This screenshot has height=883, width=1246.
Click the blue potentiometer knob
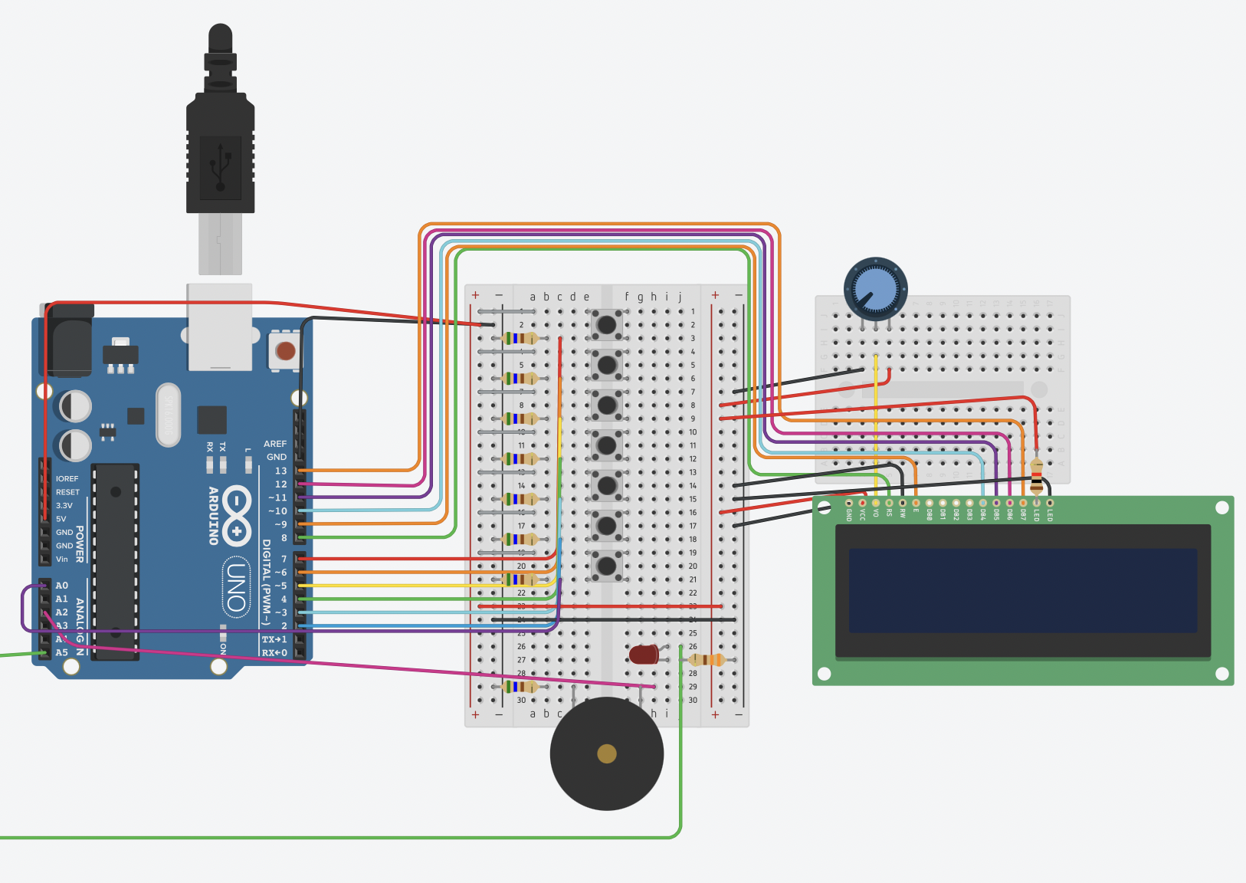876,289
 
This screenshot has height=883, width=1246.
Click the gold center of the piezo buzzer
607,753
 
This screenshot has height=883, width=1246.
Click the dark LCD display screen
1022,590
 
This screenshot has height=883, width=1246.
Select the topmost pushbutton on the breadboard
606,324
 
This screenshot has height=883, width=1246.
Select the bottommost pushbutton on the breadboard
606,566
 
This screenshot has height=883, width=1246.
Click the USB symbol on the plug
221,166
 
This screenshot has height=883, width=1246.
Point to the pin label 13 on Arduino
280,471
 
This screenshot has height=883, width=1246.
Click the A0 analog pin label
61,586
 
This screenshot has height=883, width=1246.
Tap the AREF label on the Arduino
274,444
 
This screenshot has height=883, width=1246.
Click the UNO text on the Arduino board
236,587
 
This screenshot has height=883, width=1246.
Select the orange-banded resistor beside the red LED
707,660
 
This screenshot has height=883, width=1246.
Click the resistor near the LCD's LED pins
1036,476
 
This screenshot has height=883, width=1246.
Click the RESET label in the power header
67,492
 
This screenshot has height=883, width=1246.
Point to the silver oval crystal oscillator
168,415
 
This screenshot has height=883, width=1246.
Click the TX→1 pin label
274,639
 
